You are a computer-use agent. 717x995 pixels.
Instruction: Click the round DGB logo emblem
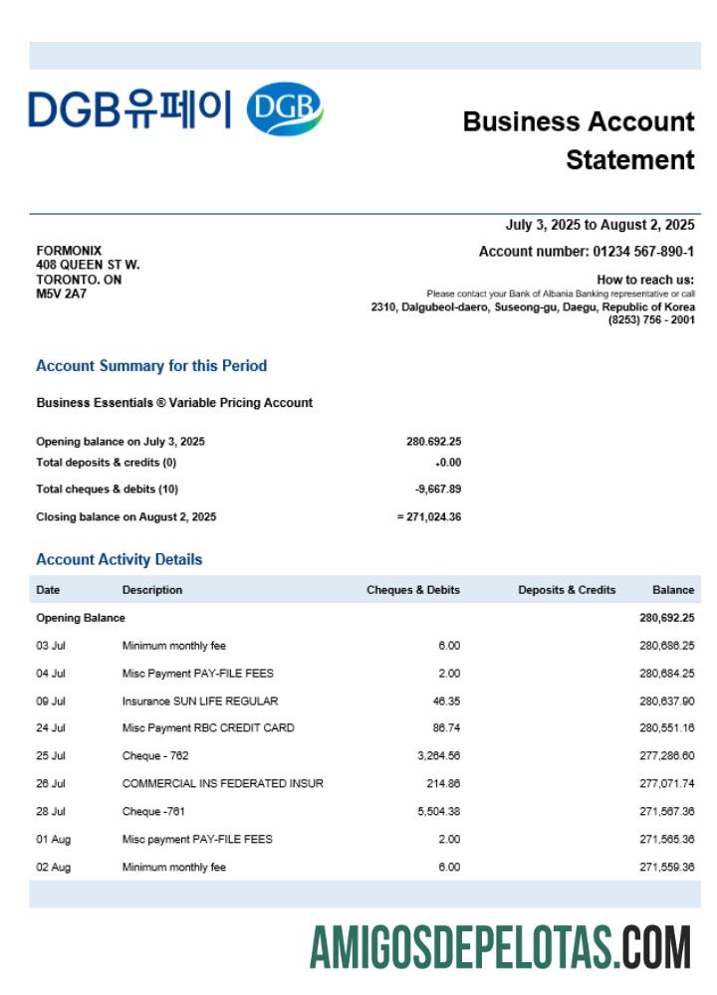(284, 109)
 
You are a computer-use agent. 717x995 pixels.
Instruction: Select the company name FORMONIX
(69, 251)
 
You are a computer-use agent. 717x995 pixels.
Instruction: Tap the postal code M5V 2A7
(61, 294)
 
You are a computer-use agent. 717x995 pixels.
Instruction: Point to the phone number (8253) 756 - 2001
(651, 319)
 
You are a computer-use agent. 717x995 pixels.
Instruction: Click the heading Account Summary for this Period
(151, 366)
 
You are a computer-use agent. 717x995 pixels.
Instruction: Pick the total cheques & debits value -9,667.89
(437, 490)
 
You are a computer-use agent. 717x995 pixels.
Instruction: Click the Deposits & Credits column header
(567, 590)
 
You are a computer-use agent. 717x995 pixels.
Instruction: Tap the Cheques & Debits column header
(413, 590)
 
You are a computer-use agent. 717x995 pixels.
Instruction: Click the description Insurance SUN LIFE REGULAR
(200, 700)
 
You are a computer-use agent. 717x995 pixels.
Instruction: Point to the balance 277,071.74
(666, 784)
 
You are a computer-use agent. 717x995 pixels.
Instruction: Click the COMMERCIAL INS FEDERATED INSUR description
(223, 784)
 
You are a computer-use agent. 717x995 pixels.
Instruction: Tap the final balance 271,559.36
(666, 868)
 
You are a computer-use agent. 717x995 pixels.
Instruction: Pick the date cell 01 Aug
(53, 840)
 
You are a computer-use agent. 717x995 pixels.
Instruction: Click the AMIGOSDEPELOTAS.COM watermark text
(500, 946)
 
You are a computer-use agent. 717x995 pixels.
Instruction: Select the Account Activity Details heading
(119, 559)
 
